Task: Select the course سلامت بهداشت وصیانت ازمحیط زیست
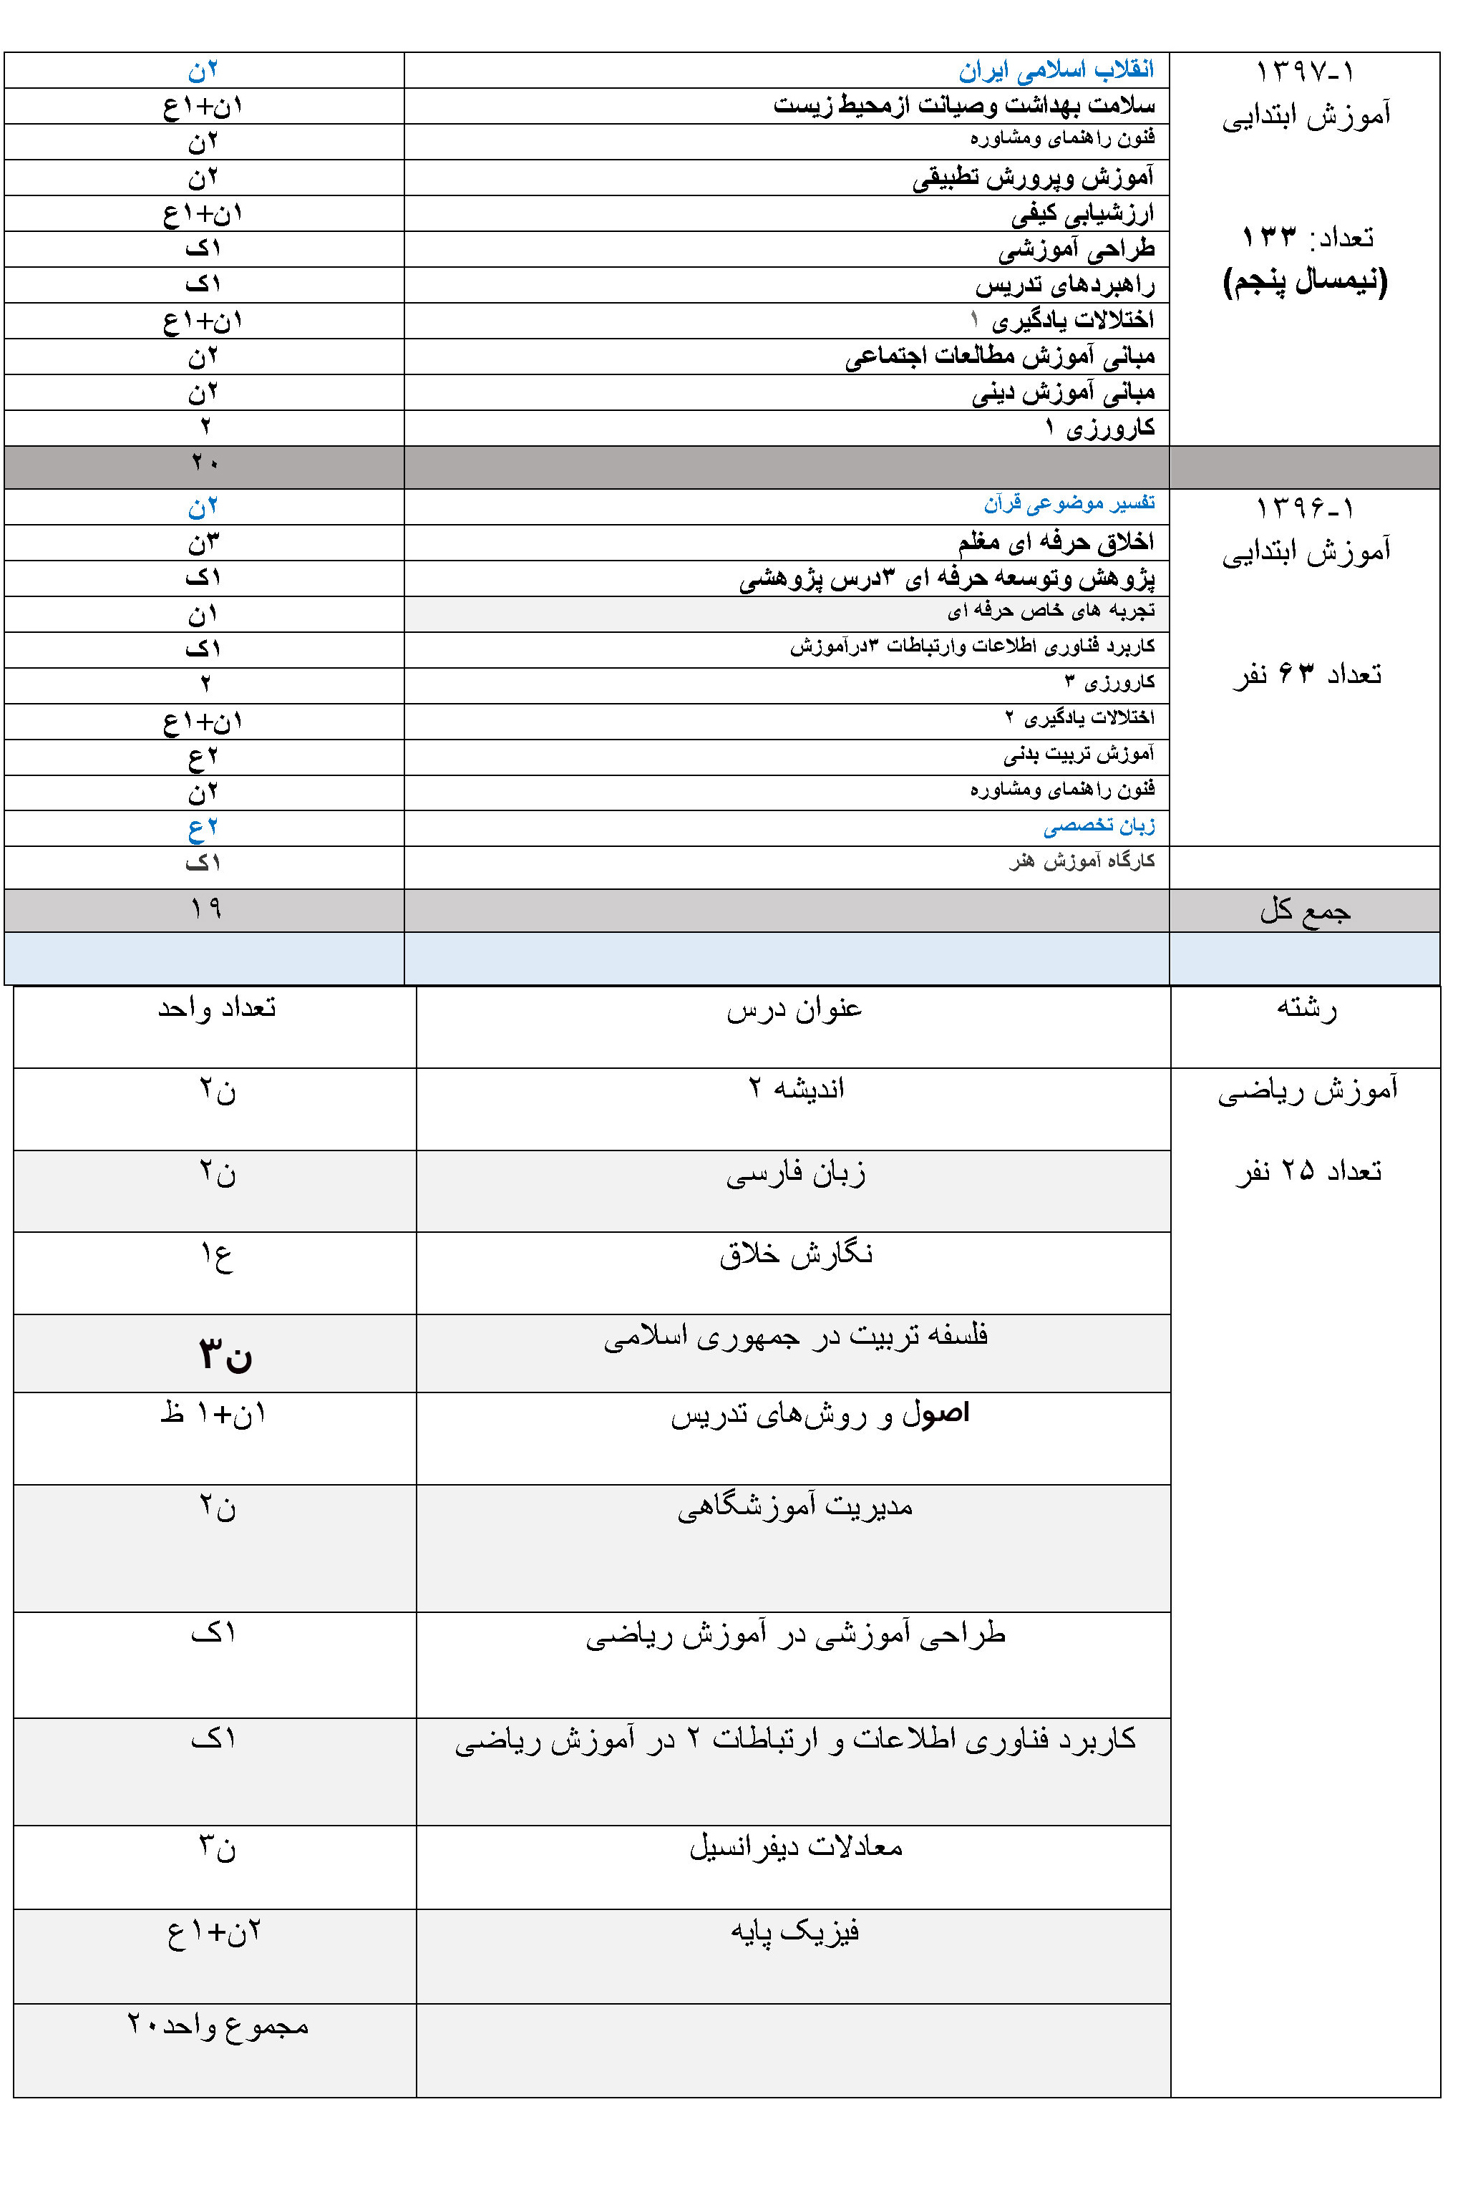(x=964, y=106)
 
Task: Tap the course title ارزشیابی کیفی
(x=1082, y=214)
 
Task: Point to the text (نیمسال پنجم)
(x=1305, y=281)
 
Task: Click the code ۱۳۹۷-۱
(x=1305, y=71)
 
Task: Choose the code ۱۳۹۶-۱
(x=1305, y=508)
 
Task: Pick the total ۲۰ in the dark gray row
(x=205, y=462)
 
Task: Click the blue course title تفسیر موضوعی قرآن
(x=1069, y=504)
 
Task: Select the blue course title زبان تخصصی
(x=1099, y=825)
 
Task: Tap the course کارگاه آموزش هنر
(x=1082, y=861)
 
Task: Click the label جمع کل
(x=1305, y=909)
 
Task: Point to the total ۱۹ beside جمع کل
(x=205, y=908)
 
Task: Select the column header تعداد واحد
(x=217, y=1008)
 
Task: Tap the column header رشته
(x=1306, y=1008)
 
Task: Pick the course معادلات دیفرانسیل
(x=795, y=1846)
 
